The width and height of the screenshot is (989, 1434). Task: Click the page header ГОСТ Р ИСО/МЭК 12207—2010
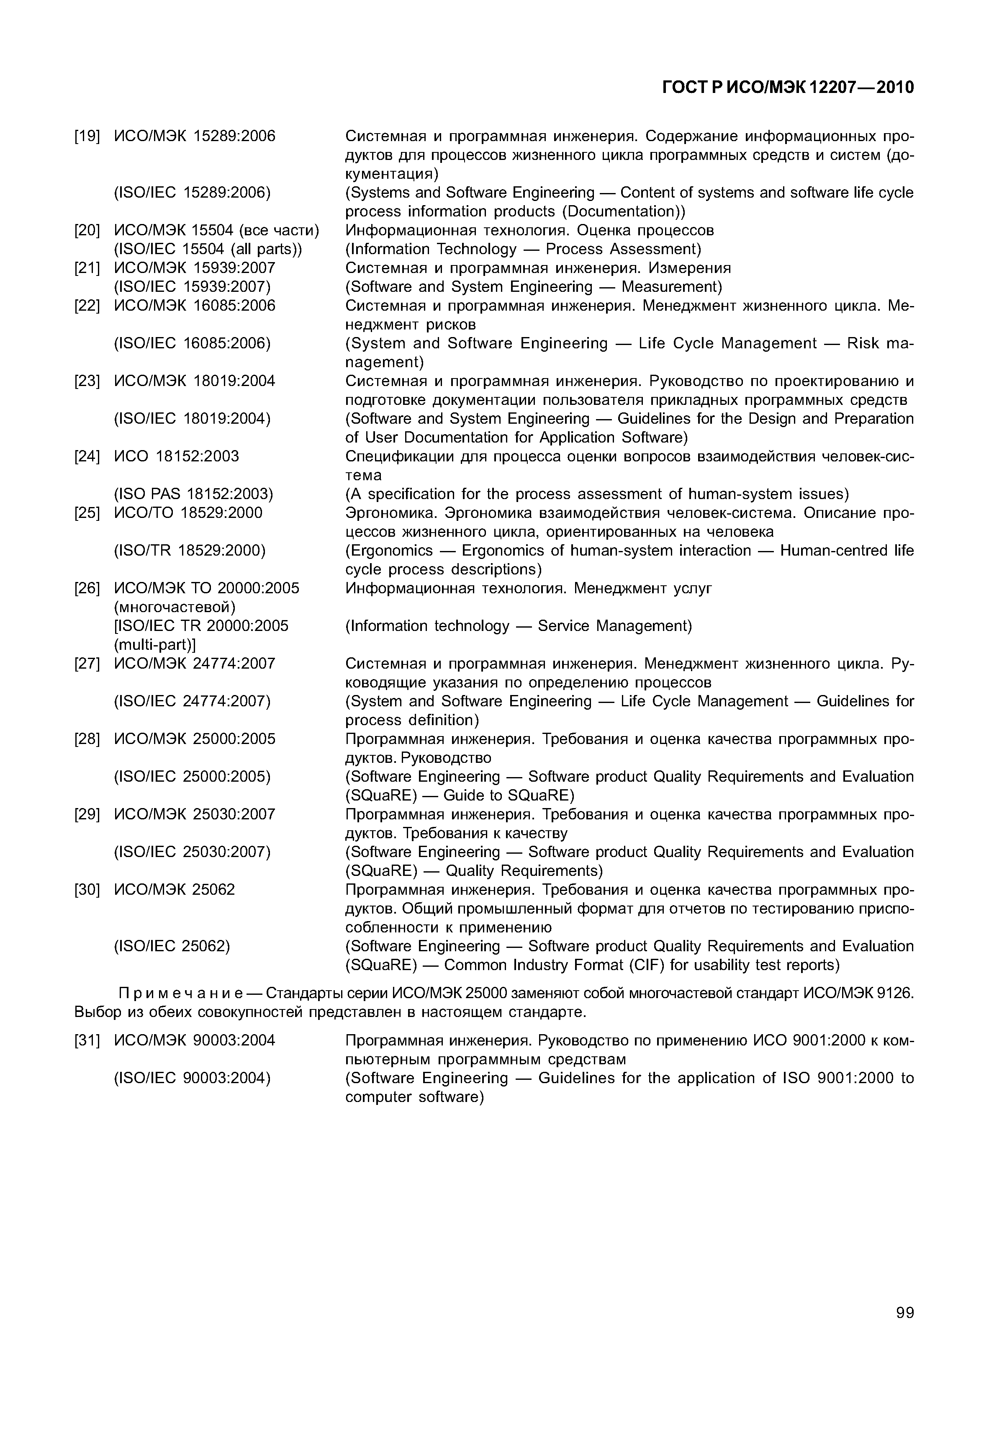coord(788,88)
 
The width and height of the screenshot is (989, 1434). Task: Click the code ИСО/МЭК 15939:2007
coord(195,268)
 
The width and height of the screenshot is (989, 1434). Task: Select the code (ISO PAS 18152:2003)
coord(193,494)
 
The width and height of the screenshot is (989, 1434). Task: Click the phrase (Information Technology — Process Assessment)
coord(523,249)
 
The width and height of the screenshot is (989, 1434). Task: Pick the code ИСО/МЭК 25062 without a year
coord(175,890)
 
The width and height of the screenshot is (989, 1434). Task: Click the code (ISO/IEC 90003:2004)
coord(192,1078)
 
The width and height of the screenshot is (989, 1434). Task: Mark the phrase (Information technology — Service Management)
coord(518,626)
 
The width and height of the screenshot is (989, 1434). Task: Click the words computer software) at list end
coord(414,1097)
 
